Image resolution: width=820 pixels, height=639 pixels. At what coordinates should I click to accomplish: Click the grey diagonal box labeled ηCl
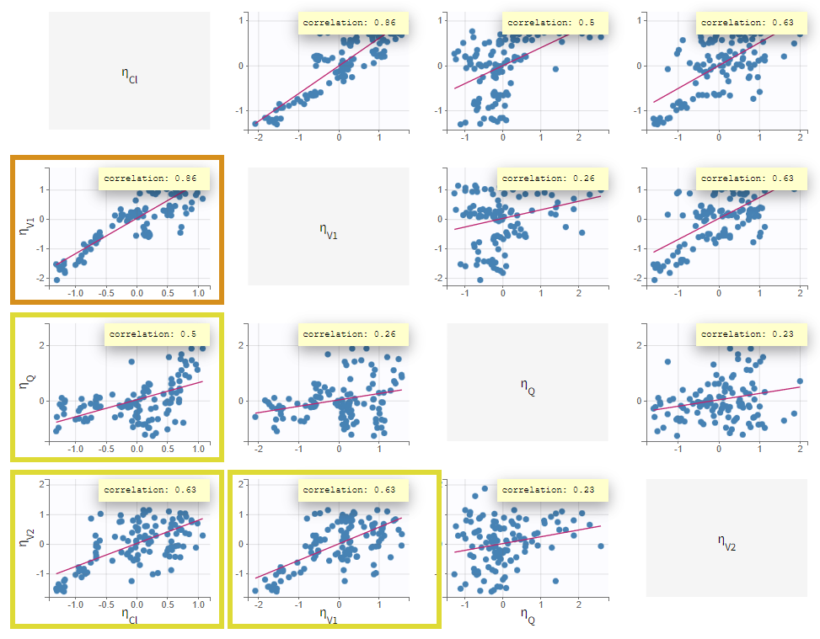[129, 71]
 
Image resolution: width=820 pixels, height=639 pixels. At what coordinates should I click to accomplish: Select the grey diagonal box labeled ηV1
[329, 226]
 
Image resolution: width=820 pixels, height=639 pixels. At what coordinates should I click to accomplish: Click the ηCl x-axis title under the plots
[137, 618]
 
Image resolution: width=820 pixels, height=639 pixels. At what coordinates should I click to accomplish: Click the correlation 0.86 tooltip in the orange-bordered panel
[153, 178]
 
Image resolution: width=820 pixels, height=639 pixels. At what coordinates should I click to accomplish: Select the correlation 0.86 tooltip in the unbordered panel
[351, 23]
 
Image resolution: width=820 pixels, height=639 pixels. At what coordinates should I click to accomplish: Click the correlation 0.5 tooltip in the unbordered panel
[550, 23]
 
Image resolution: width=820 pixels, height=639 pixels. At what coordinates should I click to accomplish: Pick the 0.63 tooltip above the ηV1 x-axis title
[351, 489]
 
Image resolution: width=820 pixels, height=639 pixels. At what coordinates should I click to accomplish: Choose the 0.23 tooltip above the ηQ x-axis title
[550, 489]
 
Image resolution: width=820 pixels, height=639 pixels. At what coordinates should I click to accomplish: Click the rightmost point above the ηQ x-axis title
[601, 546]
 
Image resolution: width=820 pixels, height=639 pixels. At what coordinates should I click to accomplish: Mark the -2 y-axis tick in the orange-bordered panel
[40, 278]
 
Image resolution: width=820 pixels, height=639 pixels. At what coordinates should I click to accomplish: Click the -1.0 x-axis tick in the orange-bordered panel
[75, 292]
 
